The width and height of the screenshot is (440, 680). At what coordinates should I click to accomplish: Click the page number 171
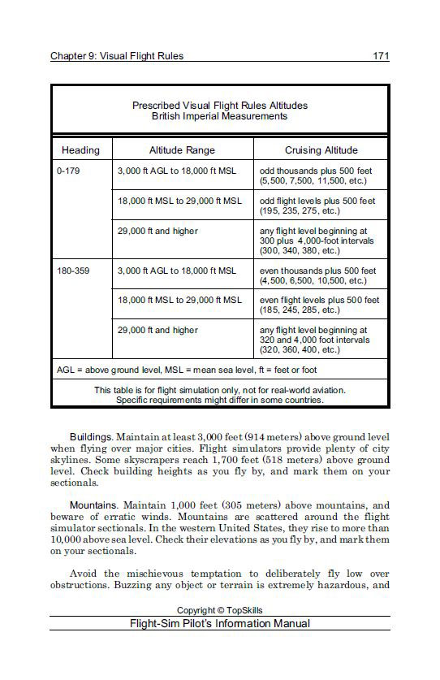[381, 56]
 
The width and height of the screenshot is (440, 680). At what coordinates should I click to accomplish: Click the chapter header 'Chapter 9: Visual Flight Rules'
[117, 56]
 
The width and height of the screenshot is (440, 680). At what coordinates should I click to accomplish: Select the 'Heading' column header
[80, 150]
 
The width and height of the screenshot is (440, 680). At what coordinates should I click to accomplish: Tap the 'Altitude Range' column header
[182, 150]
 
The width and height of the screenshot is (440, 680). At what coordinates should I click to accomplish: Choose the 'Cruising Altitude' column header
[321, 150]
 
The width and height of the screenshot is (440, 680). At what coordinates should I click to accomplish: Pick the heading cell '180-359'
[73, 271]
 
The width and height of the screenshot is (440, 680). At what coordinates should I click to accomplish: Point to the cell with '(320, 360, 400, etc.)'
[300, 349]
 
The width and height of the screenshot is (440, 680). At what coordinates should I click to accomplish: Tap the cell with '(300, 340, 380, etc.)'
[300, 251]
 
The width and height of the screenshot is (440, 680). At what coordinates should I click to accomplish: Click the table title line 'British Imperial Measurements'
[219, 116]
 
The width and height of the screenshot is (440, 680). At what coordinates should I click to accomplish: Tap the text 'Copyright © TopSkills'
[219, 610]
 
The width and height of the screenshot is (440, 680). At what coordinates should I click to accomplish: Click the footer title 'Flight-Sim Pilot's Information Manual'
[219, 624]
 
